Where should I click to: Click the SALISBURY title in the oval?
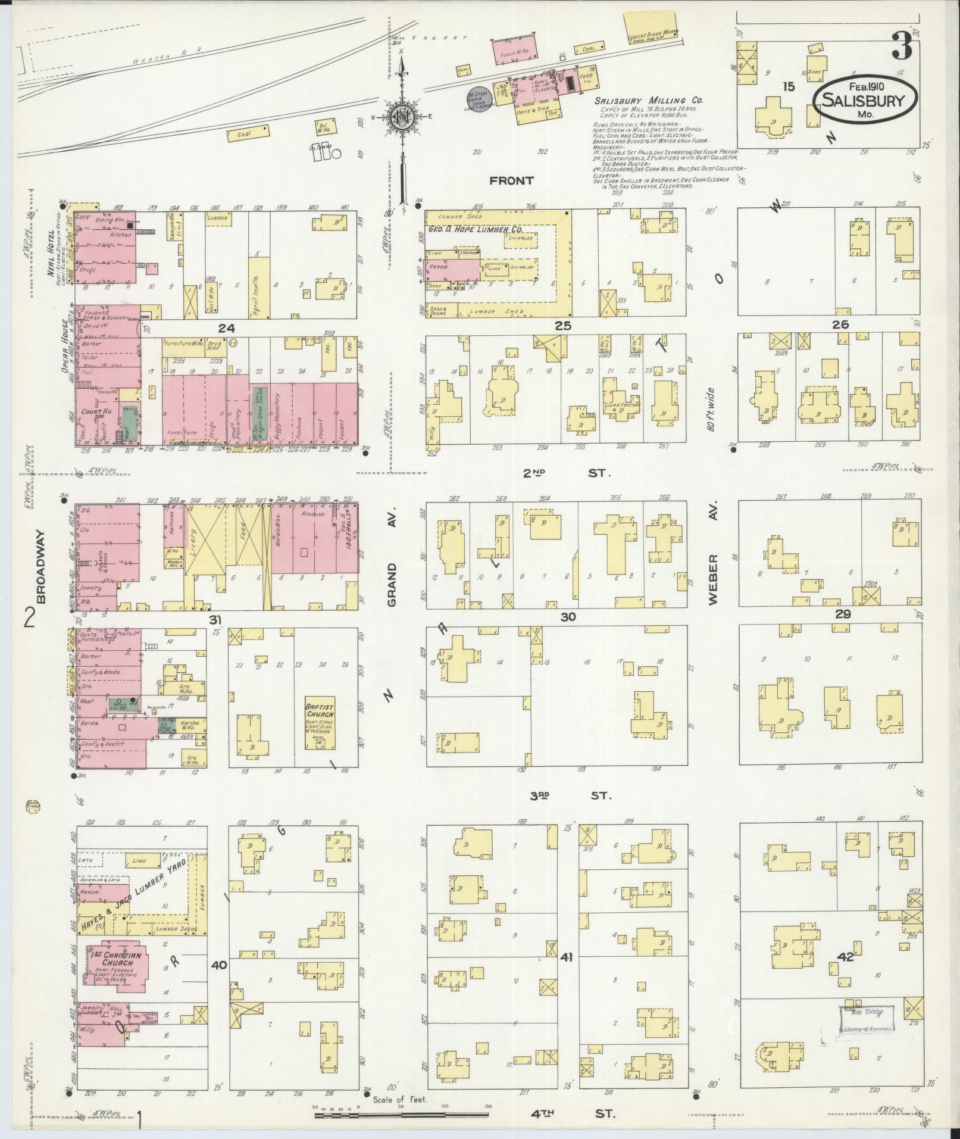click(x=862, y=101)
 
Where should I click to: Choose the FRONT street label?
click(x=511, y=180)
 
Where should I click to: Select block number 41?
click(x=566, y=974)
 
